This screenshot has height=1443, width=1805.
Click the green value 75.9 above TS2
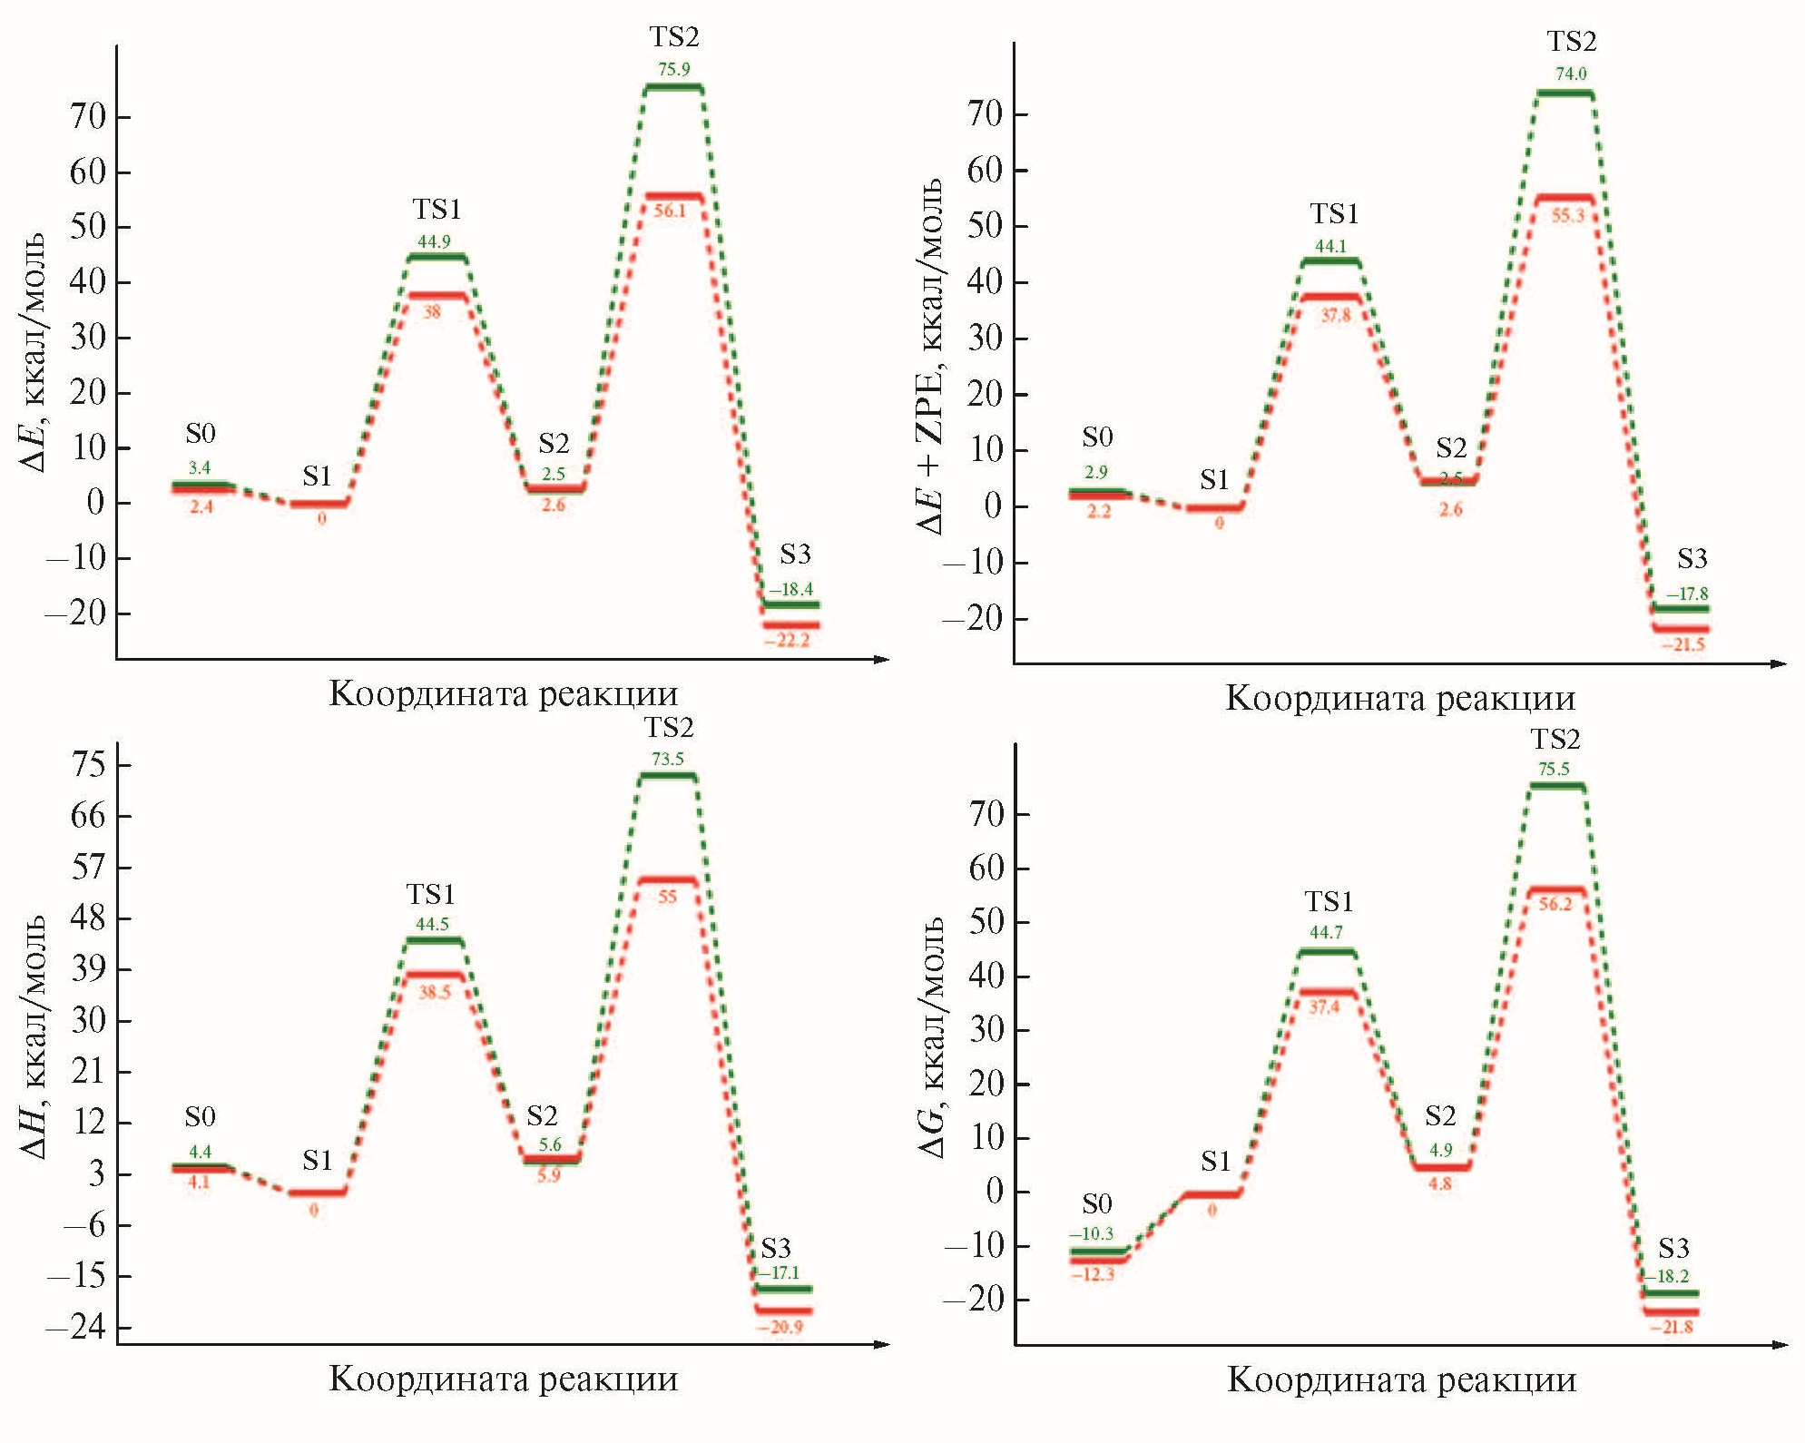click(x=673, y=69)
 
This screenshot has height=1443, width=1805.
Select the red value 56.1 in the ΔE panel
click(x=670, y=211)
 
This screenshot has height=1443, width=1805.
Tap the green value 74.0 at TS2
click(x=1571, y=74)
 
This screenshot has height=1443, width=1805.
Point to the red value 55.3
click(x=1567, y=216)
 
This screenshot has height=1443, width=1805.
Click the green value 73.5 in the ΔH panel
click(x=668, y=759)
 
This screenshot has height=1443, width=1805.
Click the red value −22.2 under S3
click(x=787, y=640)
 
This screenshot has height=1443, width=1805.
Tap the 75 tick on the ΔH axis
click(x=88, y=764)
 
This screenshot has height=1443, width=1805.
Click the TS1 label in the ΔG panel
click(x=1329, y=901)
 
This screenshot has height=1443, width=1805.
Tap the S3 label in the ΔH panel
click(x=776, y=1247)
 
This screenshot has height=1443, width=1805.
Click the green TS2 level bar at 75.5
click(x=1556, y=786)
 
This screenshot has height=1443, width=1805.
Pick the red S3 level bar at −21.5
click(x=1681, y=628)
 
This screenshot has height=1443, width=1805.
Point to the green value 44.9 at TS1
click(x=434, y=241)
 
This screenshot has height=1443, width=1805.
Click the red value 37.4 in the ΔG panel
click(x=1324, y=1006)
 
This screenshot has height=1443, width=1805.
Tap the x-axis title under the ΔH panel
click(x=503, y=1379)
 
